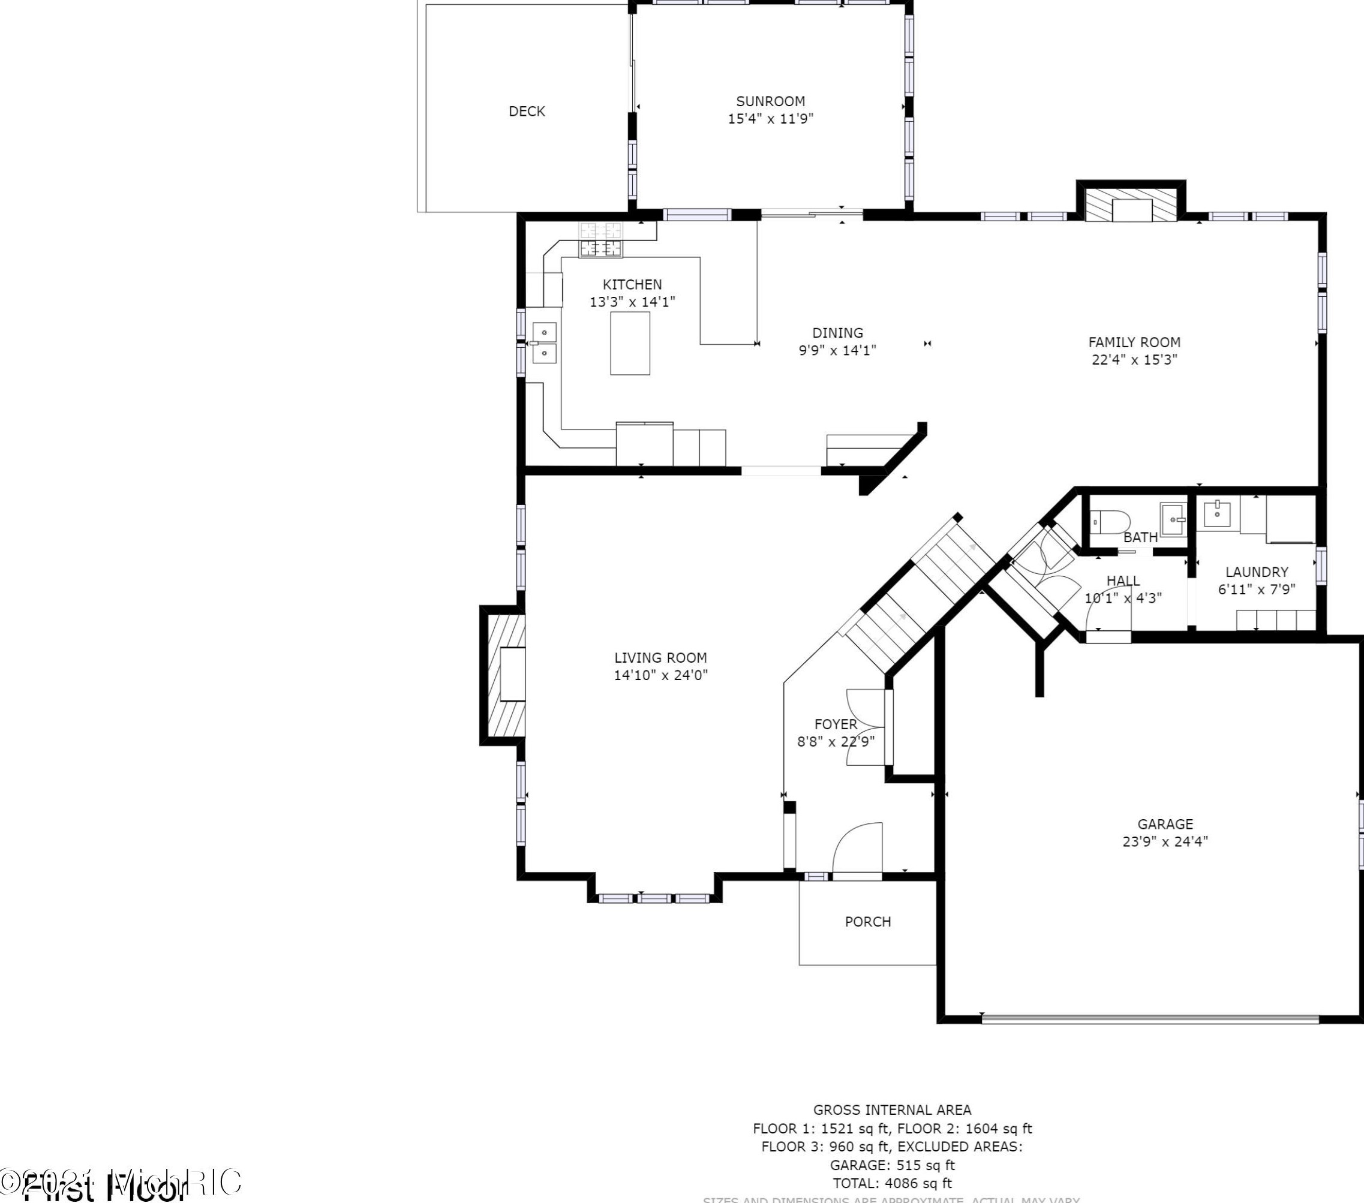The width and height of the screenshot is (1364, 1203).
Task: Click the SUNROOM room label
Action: [x=770, y=101]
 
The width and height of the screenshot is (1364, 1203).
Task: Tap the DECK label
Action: [x=527, y=112]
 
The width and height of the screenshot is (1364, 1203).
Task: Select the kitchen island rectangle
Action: [x=630, y=343]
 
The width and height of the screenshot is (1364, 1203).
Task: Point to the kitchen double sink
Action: [x=544, y=342]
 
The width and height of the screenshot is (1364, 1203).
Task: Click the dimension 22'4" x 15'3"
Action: [x=1134, y=360]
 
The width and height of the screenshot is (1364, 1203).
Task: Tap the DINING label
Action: [x=837, y=333]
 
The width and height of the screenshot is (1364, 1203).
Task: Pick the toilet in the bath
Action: [x=1109, y=521]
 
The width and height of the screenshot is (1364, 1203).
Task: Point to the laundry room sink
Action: [x=1217, y=514]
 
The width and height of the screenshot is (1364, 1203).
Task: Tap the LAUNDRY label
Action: [x=1257, y=572]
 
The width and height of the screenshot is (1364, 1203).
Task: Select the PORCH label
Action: [x=867, y=921]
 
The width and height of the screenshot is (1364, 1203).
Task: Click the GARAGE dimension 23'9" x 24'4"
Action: [x=1165, y=841]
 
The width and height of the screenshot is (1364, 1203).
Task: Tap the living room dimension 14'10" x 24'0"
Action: [x=660, y=675]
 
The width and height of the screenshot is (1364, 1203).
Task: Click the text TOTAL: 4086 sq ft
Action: [x=891, y=1183]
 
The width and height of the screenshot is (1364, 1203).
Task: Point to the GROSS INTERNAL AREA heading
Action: [x=891, y=1109]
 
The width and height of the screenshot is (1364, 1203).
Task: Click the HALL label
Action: [x=1123, y=581]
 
